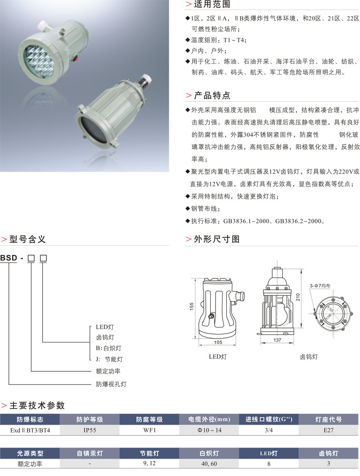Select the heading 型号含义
pos(27,239)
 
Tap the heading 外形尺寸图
pos(216,239)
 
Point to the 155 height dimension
pos(192,305)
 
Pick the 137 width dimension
pos(277,340)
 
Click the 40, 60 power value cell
pos(209,464)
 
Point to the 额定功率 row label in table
pos(30,464)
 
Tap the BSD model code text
pos(8,258)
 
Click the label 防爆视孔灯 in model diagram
pos(111,384)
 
